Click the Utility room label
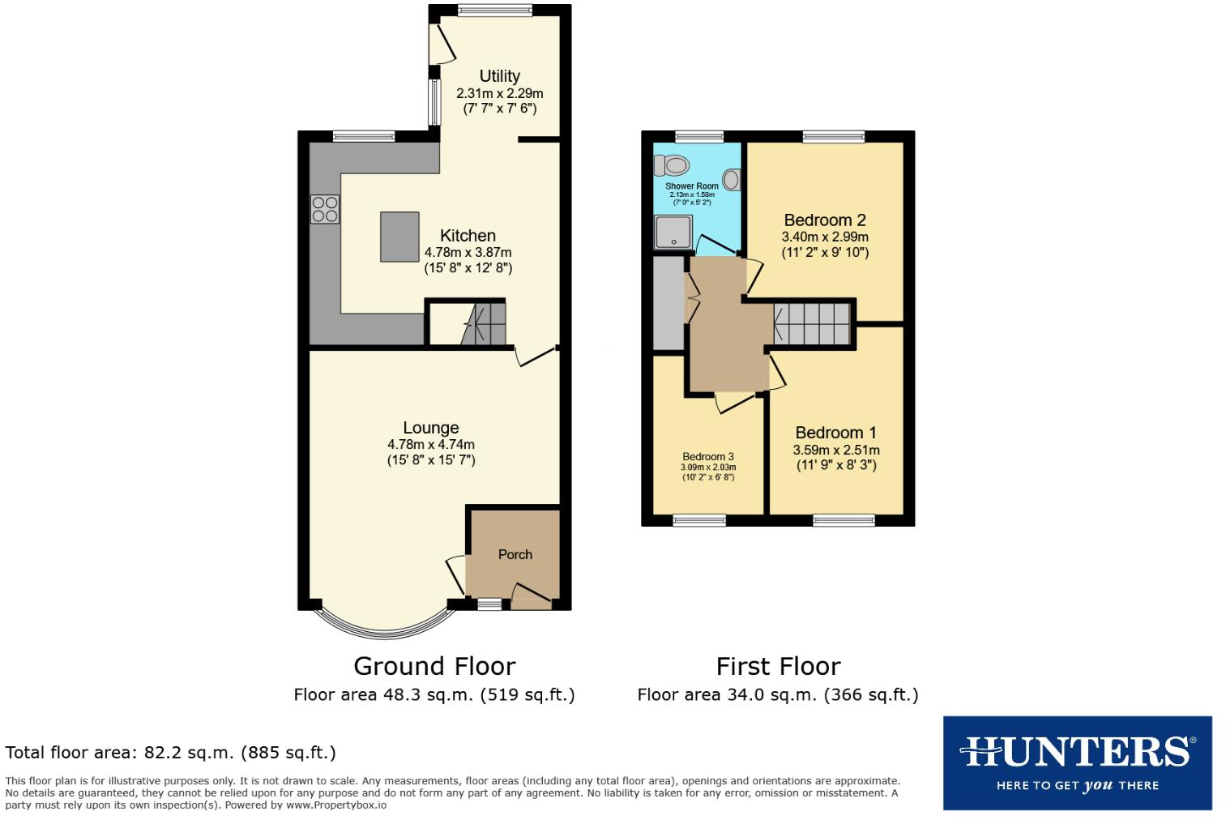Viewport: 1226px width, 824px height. [499, 76]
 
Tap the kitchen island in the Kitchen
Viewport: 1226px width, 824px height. [399, 237]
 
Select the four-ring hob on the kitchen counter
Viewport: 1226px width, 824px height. [325, 209]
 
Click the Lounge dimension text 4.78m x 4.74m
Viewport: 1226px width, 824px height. [430, 444]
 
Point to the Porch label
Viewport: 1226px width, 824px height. [515, 554]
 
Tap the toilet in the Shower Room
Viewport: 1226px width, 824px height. [672, 165]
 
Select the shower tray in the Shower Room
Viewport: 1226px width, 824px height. [673, 232]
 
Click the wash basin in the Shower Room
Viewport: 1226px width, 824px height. [732, 179]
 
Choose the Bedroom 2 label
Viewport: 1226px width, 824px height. [824, 220]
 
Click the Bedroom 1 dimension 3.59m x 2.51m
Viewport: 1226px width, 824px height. [835, 450]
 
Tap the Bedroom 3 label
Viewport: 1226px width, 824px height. [707, 456]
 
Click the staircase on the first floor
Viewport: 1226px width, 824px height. [811, 323]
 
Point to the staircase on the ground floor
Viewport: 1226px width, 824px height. [484, 324]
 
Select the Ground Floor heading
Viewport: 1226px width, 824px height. [434, 666]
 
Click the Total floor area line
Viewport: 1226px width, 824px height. [170, 752]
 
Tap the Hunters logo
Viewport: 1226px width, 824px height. [1077, 762]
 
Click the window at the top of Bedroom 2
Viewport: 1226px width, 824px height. [834, 137]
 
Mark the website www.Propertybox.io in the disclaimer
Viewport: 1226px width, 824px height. [335, 805]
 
